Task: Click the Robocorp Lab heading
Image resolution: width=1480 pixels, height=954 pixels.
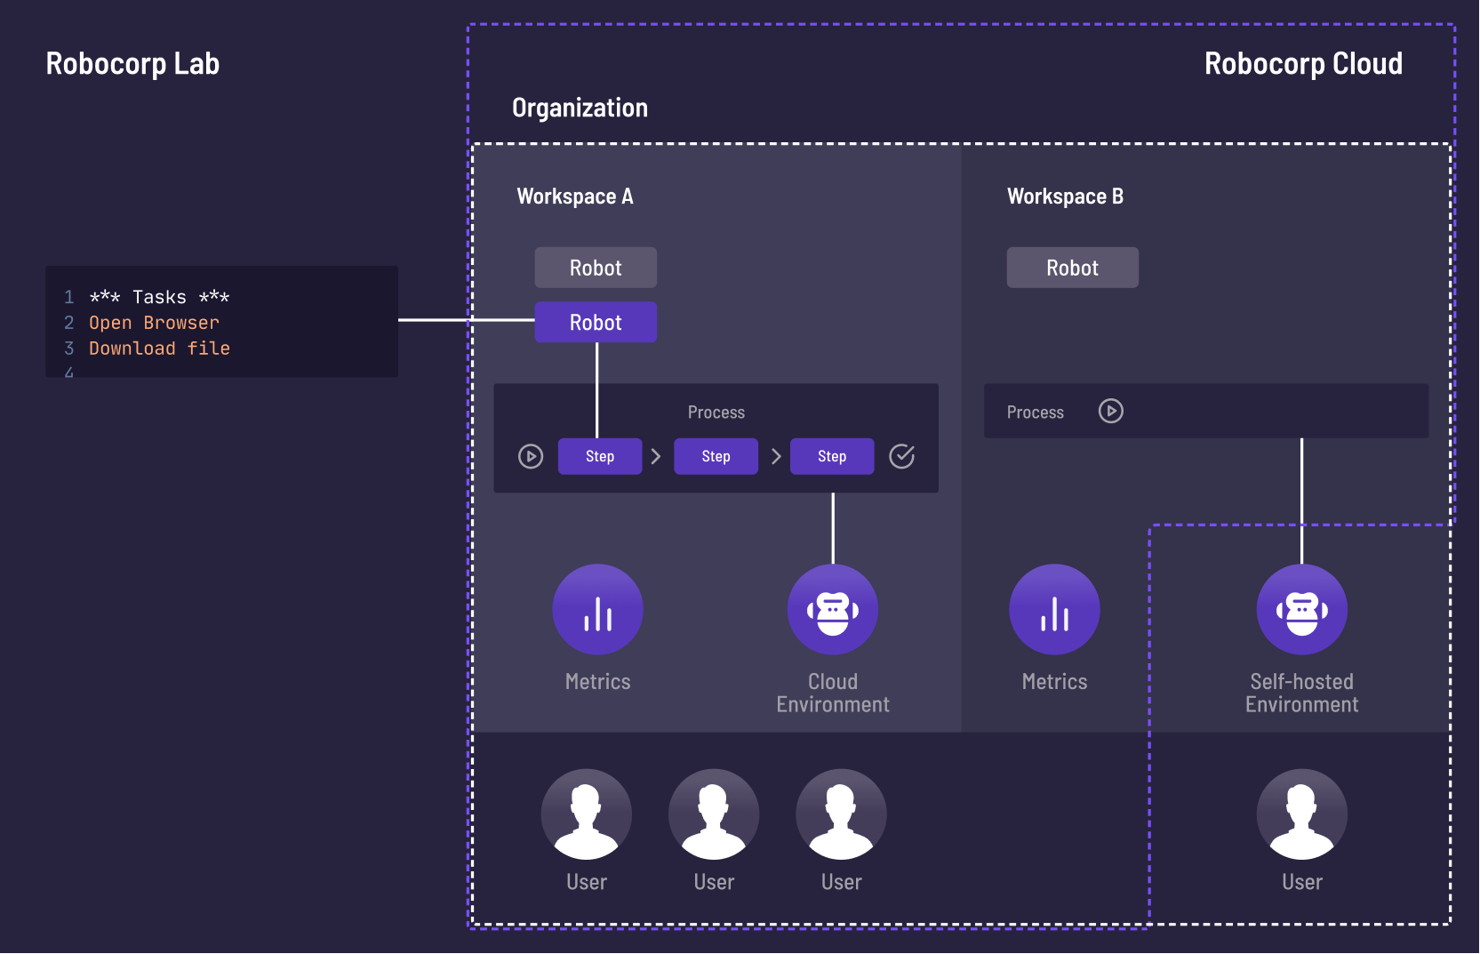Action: (x=132, y=64)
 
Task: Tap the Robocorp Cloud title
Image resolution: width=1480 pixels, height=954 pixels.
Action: (x=1303, y=64)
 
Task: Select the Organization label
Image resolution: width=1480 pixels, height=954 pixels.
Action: (x=580, y=108)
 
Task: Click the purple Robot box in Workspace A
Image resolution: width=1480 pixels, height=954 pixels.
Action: (x=596, y=322)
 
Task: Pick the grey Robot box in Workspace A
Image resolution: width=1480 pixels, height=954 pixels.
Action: (x=596, y=268)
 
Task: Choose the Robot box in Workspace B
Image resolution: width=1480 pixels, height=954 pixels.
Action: (x=1072, y=268)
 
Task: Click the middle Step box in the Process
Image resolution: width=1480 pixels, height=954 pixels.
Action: (x=716, y=456)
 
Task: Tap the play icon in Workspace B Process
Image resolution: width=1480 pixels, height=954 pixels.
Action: (x=1110, y=411)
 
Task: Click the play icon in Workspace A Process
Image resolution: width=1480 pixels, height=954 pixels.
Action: (x=531, y=456)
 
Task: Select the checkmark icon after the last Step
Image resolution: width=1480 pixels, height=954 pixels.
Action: (x=901, y=456)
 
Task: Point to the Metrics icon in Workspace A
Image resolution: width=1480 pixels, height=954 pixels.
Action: (x=598, y=609)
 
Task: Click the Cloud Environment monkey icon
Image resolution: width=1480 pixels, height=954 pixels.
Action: (x=833, y=609)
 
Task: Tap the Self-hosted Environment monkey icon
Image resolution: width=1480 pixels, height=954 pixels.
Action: (x=1301, y=609)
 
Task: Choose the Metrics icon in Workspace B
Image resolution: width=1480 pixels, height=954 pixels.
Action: (x=1054, y=609)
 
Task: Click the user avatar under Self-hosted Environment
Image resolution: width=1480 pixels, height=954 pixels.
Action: (x=1301, y=814)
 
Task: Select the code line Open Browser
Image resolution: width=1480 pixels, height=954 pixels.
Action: (x=154, y=323)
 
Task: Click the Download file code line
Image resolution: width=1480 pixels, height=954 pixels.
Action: (x=159, y=349)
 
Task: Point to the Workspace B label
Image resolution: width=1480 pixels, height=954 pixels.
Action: (x=1065, y=196)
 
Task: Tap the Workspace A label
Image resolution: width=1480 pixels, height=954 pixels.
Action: (x=575, y=196)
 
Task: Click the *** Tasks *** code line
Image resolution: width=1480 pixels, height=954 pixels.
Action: (x=159, y=297)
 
